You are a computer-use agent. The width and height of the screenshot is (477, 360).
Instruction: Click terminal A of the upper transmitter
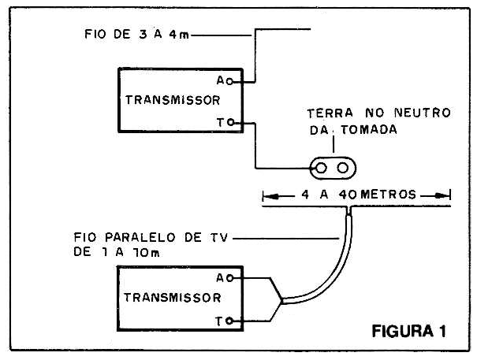click(x=244, y=80)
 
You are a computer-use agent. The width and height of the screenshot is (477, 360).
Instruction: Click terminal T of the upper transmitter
click(x=244, y=123)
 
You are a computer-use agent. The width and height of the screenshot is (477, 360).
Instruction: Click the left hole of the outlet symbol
click(x=324, y=168)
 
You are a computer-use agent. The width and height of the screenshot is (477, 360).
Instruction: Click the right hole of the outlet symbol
click(x=343, y=168)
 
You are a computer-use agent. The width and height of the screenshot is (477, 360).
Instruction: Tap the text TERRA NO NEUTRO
click(x=378, y=113)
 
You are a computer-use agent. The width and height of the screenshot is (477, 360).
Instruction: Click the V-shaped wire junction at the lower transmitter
click(x=278, y=299)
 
